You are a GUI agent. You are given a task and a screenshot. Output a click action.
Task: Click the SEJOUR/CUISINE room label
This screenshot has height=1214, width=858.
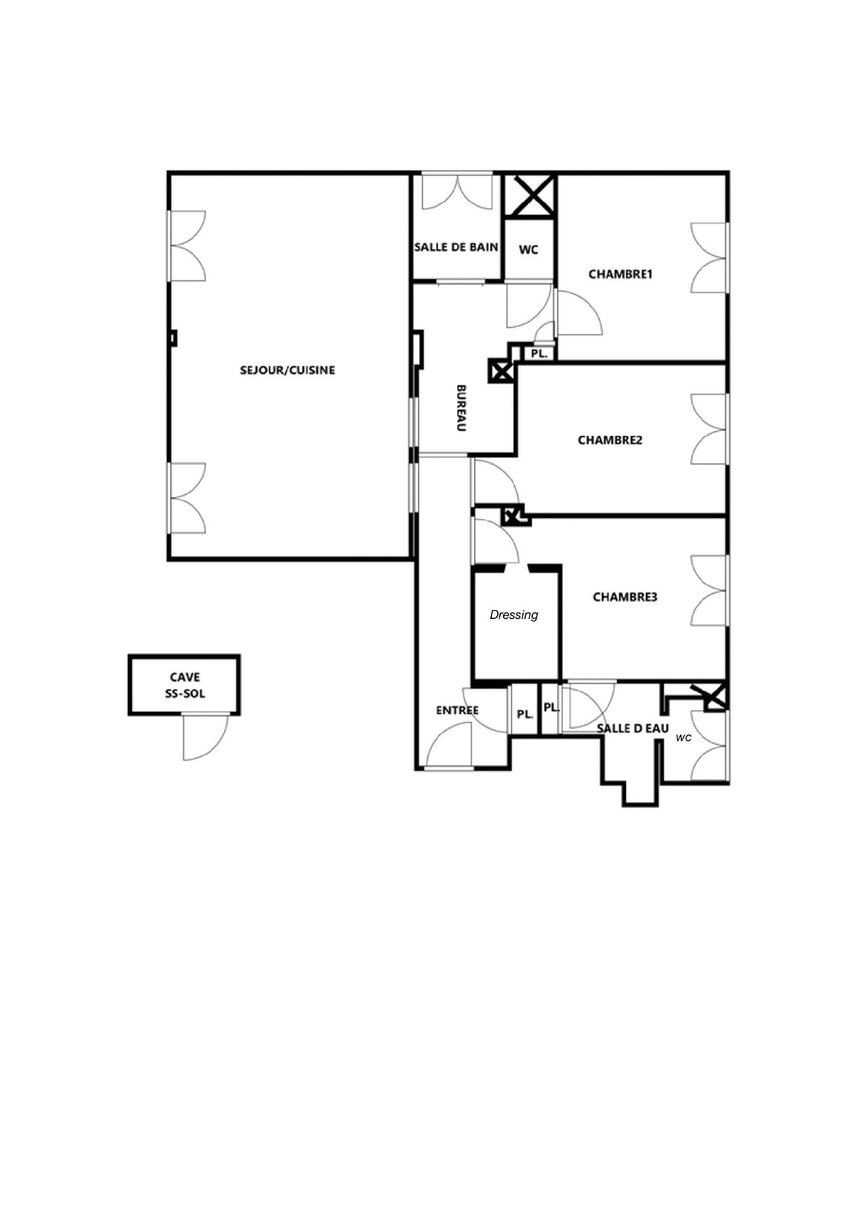click(x=288, y=370)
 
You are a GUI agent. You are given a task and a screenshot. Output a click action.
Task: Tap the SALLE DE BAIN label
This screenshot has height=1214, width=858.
click(x=456, y=247)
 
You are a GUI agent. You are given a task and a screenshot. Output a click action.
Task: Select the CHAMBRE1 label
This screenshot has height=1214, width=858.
click(x=621, y=274)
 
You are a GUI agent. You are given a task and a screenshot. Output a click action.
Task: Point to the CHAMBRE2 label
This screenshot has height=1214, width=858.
click(x=610, y=440)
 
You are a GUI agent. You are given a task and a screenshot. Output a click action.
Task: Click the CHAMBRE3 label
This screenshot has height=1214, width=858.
click(x=625, y=597)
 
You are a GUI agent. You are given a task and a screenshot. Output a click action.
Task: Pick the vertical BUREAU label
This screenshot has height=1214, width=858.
click(x=462, y=408)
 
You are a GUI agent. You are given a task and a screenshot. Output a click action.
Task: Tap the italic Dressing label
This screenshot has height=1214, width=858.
click(x=514, y=615)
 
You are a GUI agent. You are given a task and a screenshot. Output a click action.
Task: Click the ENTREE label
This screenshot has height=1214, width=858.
click(x=457, y=711)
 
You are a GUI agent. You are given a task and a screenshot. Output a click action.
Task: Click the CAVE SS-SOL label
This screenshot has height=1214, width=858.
click(x=185, y=685)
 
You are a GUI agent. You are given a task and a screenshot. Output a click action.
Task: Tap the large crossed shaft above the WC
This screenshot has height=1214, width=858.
click(x=530, y=195)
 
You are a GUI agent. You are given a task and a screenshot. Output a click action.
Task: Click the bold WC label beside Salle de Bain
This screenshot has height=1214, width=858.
click(x=529, y=249)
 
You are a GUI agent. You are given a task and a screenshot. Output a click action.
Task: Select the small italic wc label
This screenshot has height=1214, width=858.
click(x=684, y=738)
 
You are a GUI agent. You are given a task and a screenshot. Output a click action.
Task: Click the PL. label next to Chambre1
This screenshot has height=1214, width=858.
click(x=539, y=354)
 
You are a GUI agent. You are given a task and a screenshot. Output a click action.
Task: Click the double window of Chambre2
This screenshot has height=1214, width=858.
click(x=709, y=430)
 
